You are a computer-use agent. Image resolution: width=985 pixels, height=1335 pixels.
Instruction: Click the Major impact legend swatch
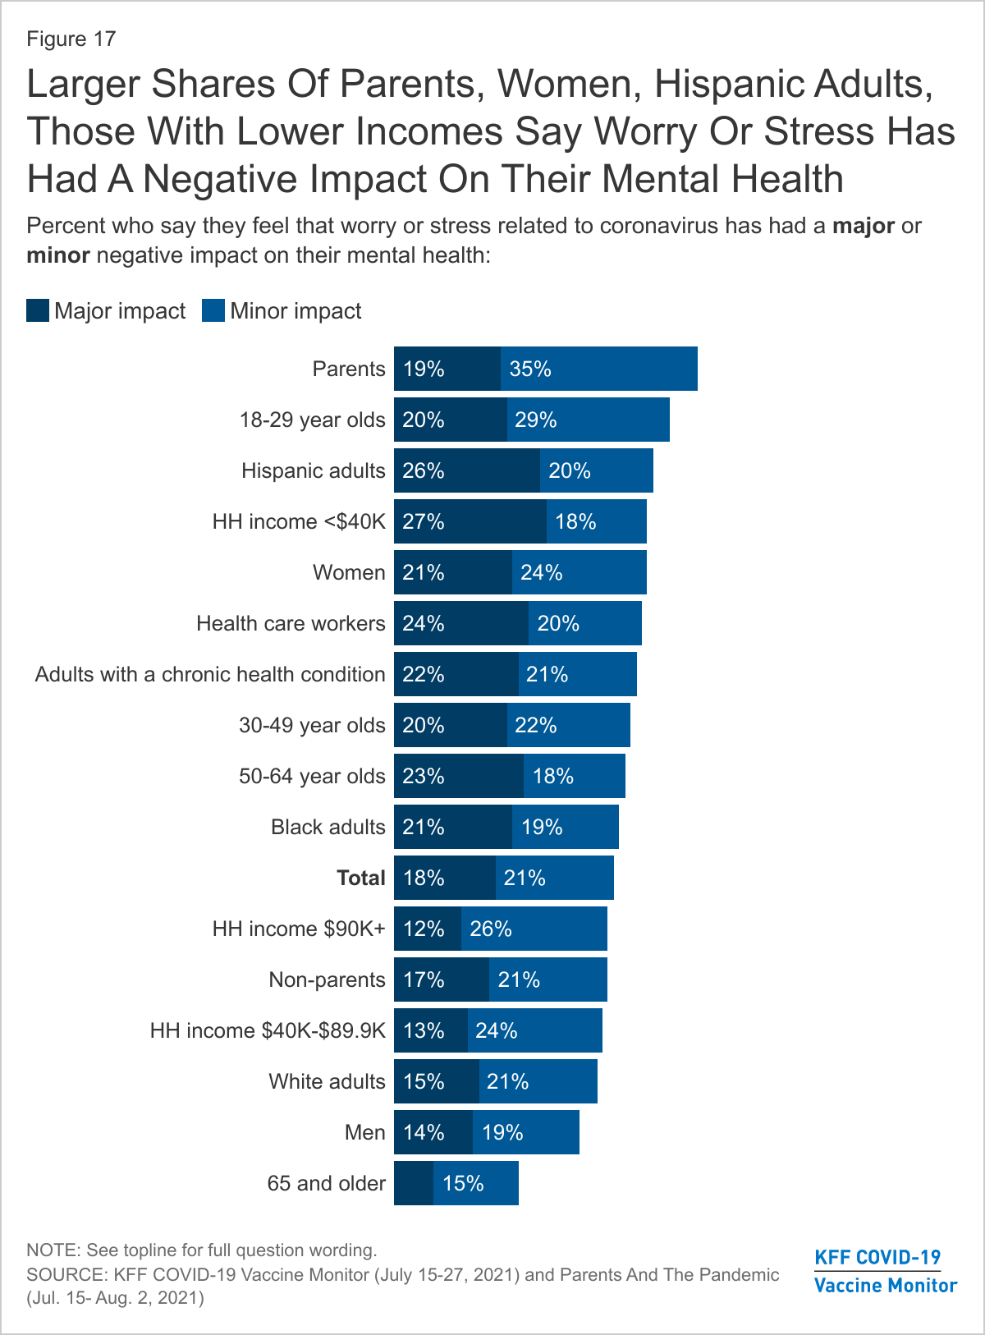[38, 311]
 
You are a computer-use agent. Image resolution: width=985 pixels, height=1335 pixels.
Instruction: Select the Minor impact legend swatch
[213, 311]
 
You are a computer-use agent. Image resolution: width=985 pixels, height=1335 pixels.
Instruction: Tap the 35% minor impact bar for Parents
[598, 369]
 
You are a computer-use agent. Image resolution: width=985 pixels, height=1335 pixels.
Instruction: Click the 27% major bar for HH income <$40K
[470, 522]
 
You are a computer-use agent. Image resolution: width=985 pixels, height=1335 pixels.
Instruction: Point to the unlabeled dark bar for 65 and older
[413, 1184]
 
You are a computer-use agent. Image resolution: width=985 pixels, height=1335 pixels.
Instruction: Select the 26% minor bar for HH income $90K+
[534, 929]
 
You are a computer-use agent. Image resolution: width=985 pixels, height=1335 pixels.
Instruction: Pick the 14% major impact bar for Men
[433, 1133]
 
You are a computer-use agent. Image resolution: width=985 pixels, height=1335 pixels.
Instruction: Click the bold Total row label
[360, 879]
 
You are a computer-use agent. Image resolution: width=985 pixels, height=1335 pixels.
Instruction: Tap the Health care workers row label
[291, 624]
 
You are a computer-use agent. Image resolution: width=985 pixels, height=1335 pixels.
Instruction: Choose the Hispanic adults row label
[313, 471]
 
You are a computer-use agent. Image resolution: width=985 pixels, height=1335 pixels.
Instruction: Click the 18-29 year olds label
[312, 420]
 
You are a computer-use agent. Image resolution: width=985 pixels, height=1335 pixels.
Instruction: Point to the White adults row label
[327, 1082]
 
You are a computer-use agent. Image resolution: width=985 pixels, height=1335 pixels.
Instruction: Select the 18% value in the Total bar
[424, 879]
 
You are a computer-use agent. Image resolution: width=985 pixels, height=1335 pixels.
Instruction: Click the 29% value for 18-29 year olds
[535, 420]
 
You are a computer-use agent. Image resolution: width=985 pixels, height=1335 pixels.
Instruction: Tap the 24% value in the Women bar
[541, 573]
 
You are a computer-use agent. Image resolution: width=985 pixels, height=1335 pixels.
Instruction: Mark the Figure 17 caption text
[71, 39]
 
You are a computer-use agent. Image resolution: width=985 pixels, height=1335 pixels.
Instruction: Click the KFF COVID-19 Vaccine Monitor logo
[885, 1271]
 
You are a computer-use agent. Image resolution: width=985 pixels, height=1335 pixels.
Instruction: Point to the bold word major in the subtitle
[863, 226]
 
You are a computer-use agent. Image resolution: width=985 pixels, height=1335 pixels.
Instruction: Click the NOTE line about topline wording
[202, 1250]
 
